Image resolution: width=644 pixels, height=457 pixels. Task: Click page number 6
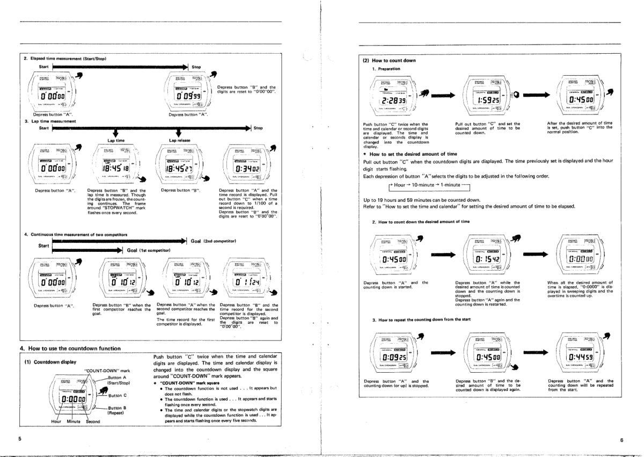(x=621, y=440)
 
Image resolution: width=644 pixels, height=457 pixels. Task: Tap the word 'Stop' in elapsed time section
(x=196, y=67)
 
